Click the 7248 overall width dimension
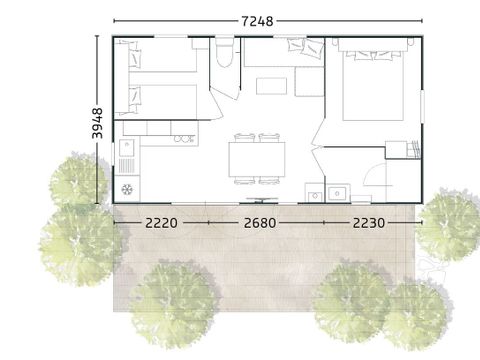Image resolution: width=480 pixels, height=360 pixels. [258, 21]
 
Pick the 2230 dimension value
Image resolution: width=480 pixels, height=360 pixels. [369, 223]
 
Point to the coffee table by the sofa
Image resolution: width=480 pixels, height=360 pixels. [271, 86]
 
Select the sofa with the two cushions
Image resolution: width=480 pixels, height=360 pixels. [284, 53]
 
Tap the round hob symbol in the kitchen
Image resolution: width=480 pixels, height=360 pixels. [127, 189]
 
